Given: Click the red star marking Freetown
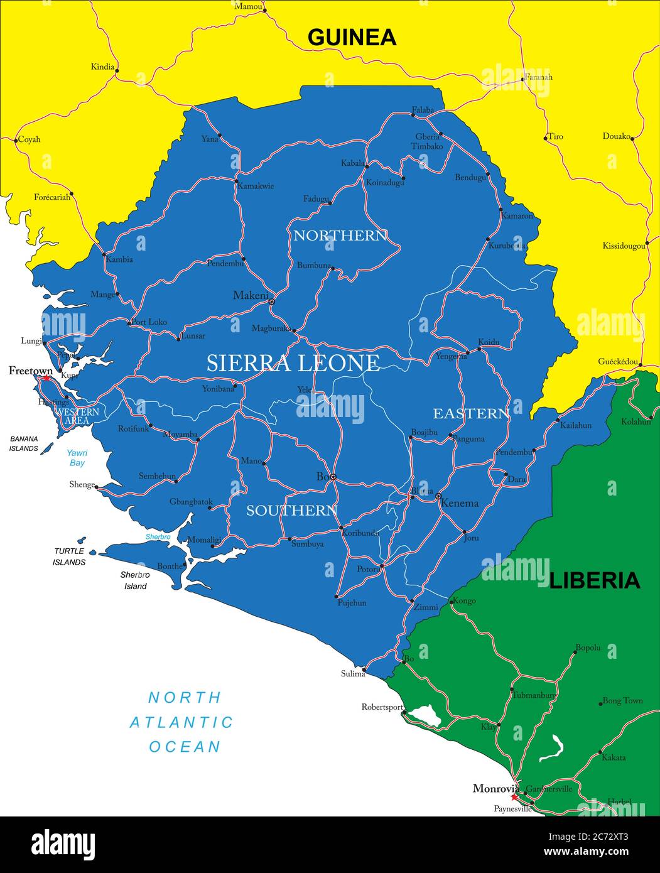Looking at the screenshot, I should (46, 378).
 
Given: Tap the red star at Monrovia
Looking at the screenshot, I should (514, 797).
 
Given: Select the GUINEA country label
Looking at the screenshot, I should (352, 38).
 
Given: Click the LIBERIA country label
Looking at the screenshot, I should (594, 580).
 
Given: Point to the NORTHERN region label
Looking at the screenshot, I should (340, 236).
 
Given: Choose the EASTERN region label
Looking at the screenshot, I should (471, 413).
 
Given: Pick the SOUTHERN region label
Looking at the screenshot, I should (292, 511).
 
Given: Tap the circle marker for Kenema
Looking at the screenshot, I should (438, 496).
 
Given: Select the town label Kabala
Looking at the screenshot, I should (352, 163).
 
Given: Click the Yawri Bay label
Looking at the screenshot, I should (77, 458).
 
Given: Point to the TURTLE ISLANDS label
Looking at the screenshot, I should (69, 556).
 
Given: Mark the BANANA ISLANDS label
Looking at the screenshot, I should (23, 443).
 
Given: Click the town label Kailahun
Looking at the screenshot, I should (575, 425).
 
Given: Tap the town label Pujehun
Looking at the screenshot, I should (352, 603).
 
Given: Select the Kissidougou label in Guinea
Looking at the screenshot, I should (624, 246).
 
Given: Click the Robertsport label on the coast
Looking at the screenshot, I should (382, 707).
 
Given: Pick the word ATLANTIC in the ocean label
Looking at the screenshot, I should (181, 722).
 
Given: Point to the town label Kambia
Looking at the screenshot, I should (119, 259).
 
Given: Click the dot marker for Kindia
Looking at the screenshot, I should (117, 70).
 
